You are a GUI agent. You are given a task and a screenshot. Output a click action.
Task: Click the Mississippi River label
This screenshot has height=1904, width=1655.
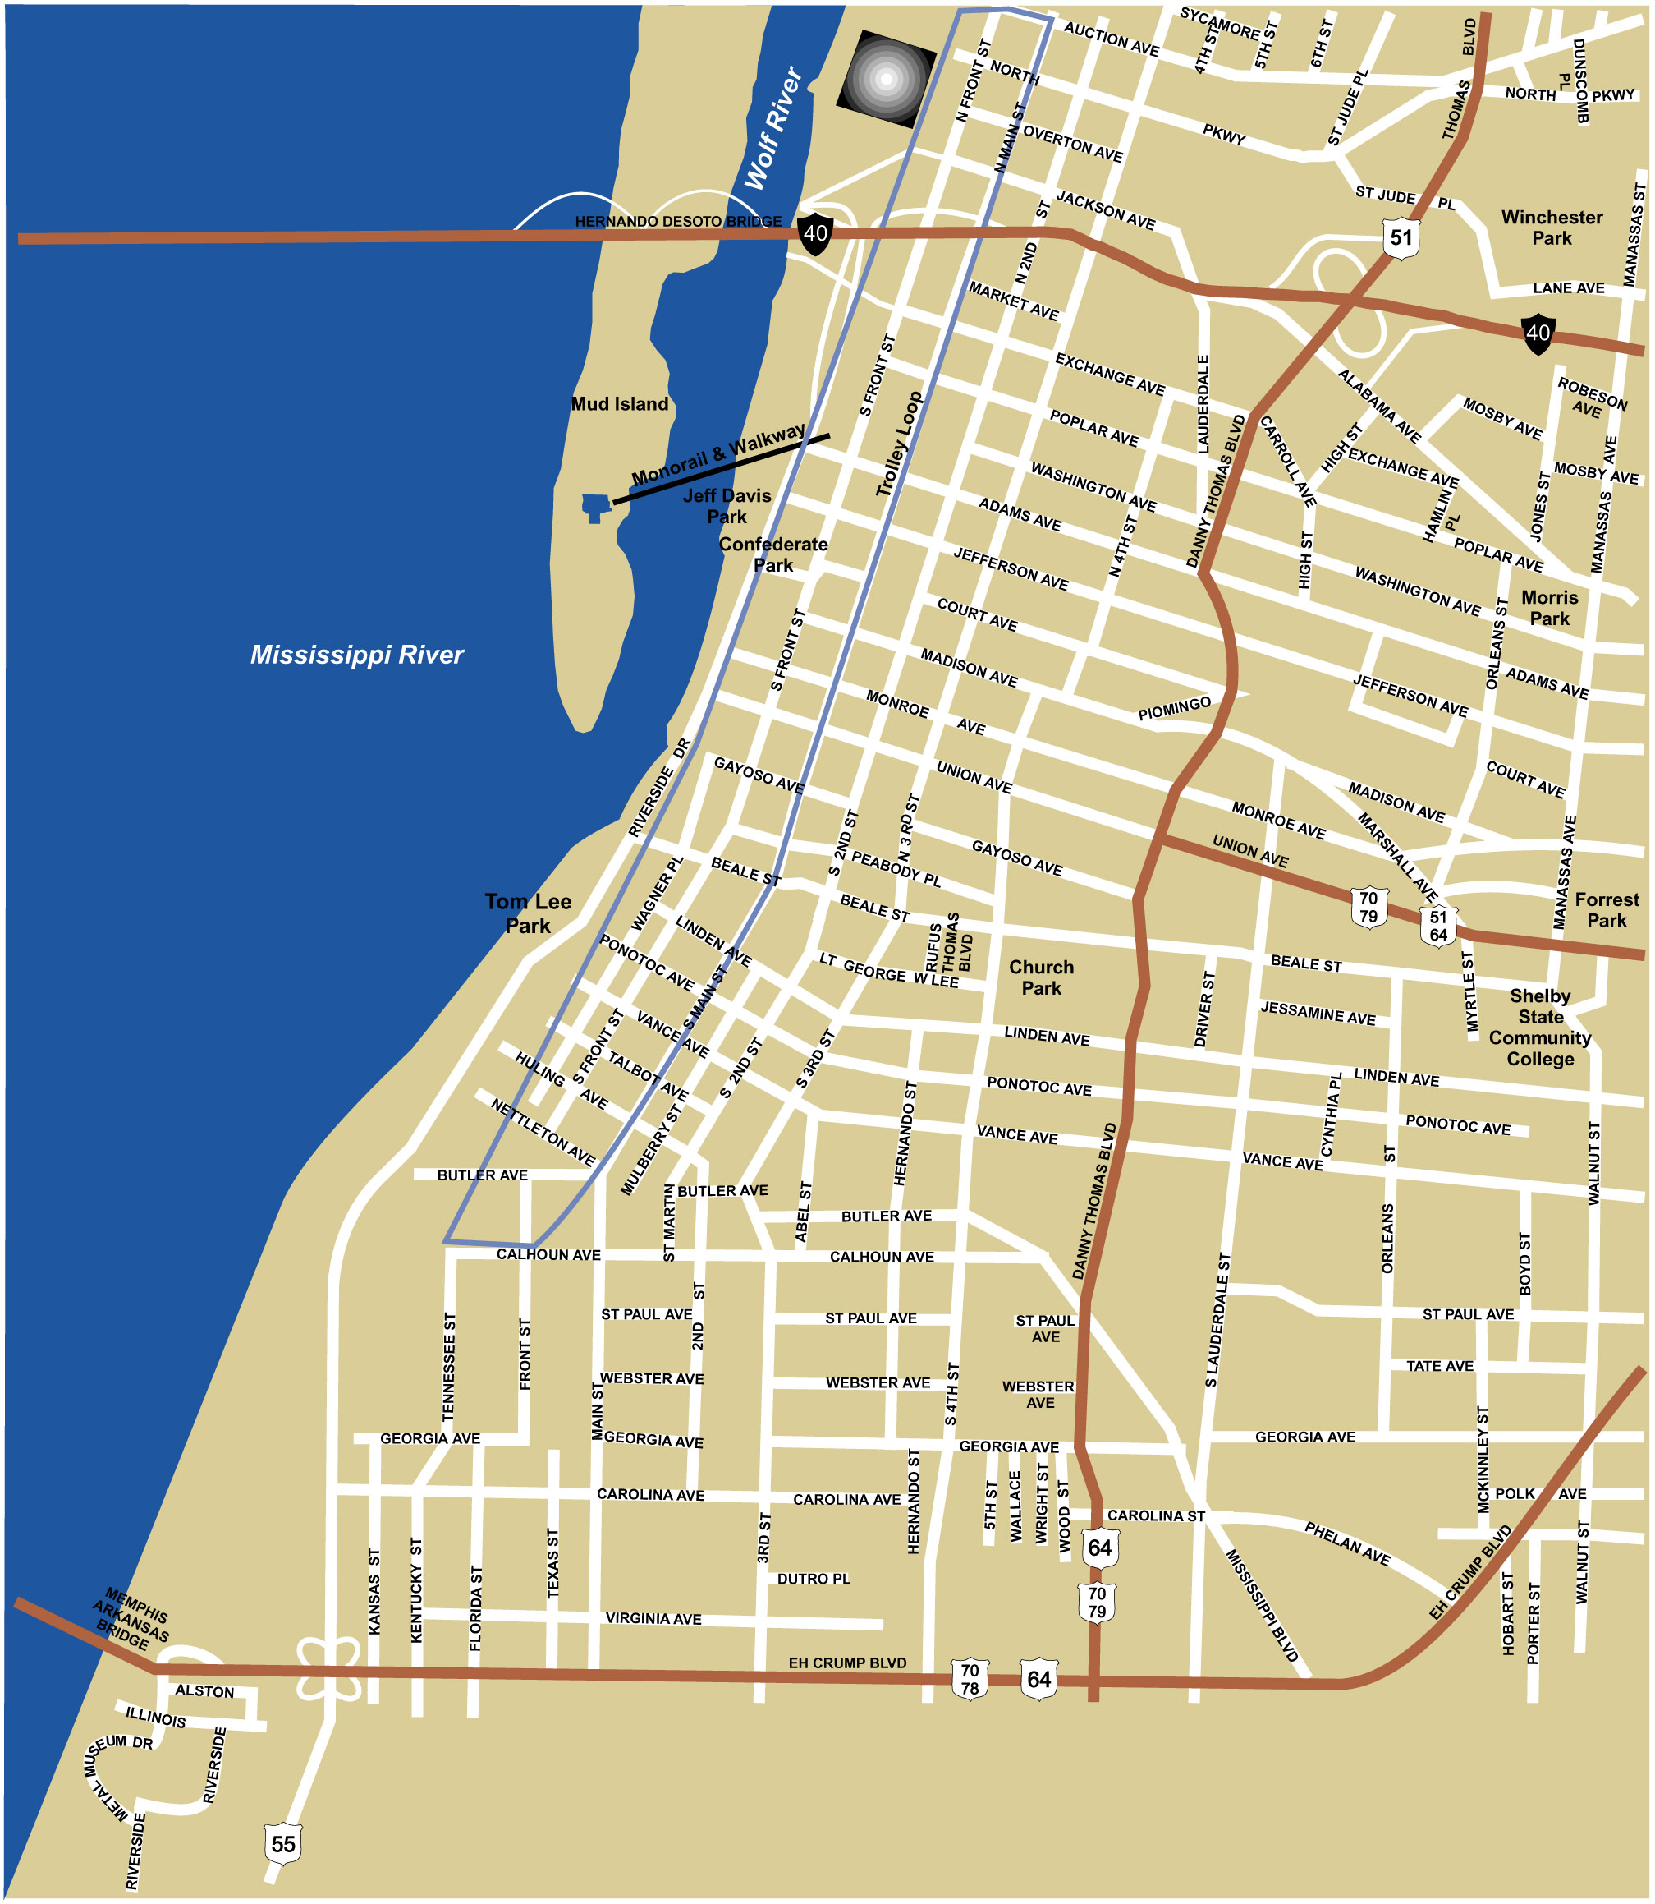pos(356,655)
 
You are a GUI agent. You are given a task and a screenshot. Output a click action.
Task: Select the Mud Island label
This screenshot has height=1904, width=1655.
pos(619,403)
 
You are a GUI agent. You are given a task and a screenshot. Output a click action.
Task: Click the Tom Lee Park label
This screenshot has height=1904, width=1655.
pos(529,913)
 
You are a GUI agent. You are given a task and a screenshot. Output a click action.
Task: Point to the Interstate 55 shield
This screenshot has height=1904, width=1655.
pos(282,1844)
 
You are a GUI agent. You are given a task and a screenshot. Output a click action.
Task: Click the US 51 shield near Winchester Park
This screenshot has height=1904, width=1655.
pos(1401,237)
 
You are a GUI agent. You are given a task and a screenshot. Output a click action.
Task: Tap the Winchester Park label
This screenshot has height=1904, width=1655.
pos(1552,228)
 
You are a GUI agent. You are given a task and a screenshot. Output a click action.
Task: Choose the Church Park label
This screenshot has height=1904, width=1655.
pos(1041,977)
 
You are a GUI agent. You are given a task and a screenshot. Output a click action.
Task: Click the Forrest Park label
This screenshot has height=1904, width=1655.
pos(1607,909)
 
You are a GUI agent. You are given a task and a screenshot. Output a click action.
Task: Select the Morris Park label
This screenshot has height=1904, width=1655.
pos(1550,608)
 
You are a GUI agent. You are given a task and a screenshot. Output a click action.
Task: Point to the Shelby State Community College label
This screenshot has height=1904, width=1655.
pos(1539,1027)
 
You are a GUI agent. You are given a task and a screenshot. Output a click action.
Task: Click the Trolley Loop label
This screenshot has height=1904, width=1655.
pos(899,444)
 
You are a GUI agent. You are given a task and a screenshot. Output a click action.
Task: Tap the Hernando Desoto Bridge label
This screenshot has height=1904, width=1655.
pos(678,222)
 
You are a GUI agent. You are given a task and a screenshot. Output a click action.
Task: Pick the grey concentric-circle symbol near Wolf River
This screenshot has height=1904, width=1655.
pos(886,79)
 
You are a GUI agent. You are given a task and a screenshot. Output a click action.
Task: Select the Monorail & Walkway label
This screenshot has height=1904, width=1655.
pos(717,453)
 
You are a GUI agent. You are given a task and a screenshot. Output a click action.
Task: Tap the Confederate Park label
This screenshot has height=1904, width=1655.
pos(773,554)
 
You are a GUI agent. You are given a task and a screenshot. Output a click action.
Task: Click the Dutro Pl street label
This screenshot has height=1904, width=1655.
pos(813,1579)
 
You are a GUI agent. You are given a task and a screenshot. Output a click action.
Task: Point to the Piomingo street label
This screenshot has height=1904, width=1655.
pos(1174,709)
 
